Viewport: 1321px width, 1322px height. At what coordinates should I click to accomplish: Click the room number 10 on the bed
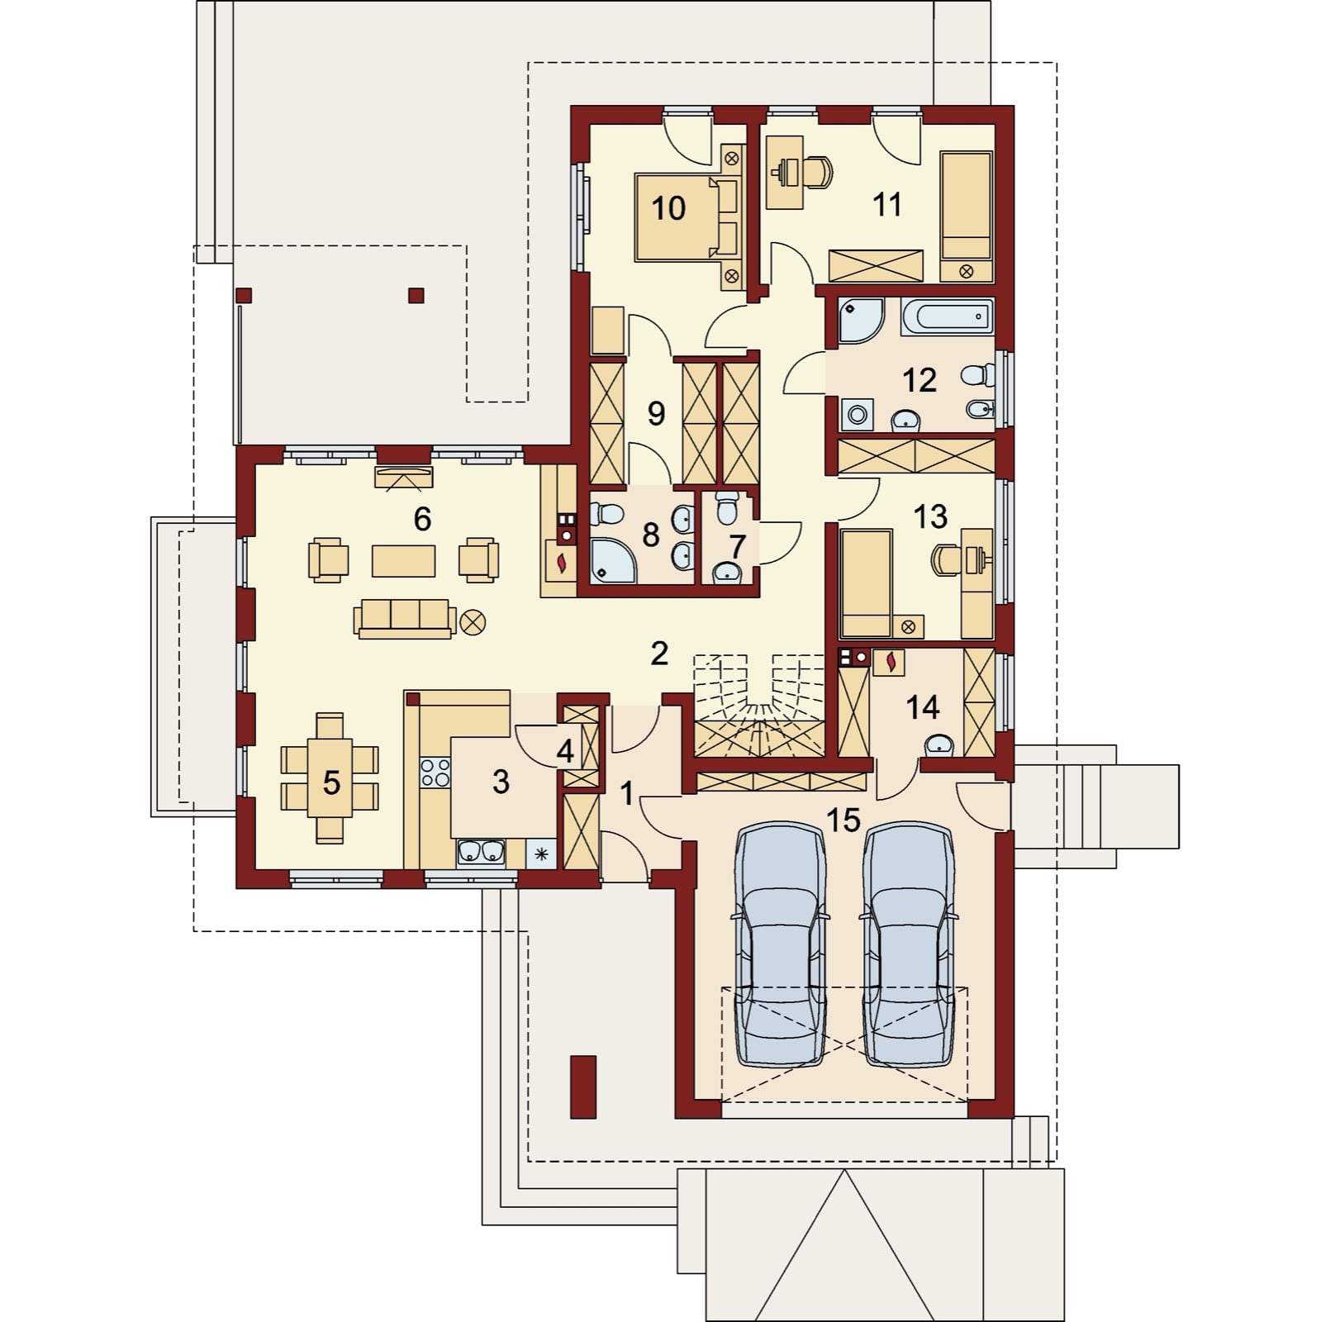point(668,208)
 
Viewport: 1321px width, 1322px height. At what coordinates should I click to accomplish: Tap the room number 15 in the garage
point(843,820)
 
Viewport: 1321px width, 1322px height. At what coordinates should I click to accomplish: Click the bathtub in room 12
point(947,316)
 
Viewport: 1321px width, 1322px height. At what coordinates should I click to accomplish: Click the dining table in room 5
point(330,778)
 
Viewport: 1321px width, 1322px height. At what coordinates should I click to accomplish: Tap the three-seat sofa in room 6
point(405,618)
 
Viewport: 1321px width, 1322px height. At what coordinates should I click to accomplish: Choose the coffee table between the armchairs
point(403,560)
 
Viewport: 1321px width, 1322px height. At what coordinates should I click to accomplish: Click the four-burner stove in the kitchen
point(435,773)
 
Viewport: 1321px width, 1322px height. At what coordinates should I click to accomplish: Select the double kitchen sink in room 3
point(482,852)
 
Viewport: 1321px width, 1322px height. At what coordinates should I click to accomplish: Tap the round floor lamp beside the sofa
point(474,621)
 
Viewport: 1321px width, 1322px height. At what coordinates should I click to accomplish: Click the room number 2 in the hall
point(658,654)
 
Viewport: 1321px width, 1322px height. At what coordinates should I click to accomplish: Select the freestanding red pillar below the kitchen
point(582,1086)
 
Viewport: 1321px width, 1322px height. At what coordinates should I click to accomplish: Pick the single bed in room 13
point(866,583)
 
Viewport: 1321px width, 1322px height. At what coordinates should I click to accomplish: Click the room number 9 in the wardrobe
point(656,413)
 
